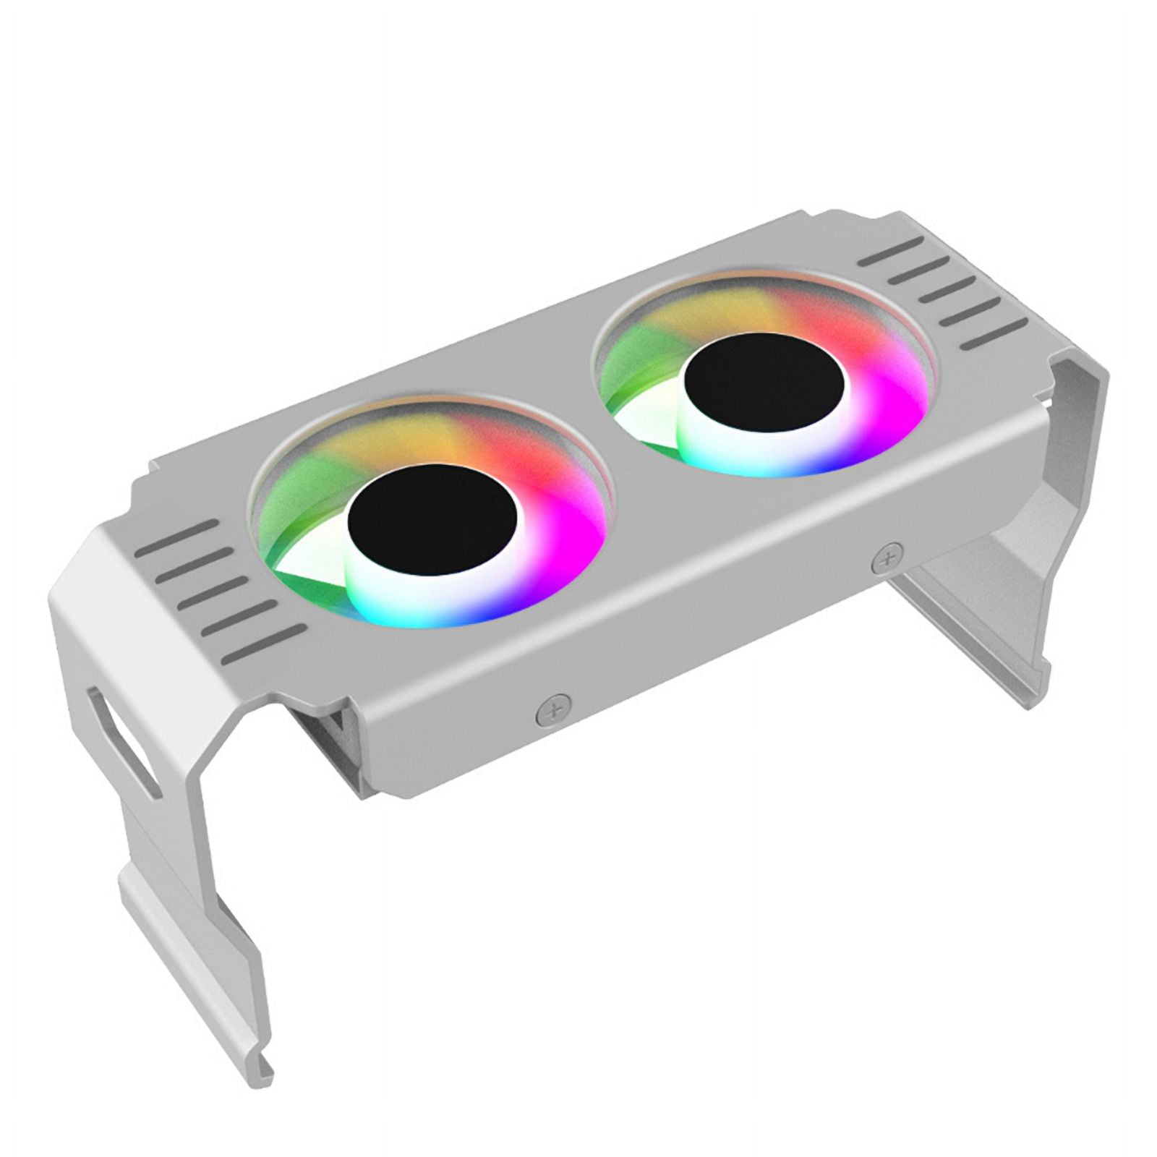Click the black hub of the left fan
(432, 519)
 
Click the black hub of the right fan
(764, 390)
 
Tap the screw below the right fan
(887, 559)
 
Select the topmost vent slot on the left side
(177, 537)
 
